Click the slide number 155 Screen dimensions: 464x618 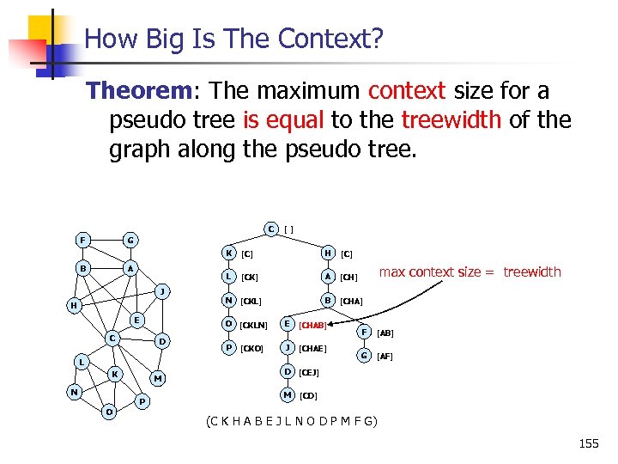pos(589,443)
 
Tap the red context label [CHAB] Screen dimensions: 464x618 pos(313,326)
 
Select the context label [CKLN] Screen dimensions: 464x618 pos(255,325)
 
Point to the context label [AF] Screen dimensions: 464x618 pos(385,357)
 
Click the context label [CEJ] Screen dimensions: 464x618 pos(309,373)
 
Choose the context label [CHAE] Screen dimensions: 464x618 pos(312,349)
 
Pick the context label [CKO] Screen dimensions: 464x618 pos(253,349)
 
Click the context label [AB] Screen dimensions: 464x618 pos(385,333)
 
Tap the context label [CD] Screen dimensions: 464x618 pos(308,396)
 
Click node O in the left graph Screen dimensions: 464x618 pos(109,412)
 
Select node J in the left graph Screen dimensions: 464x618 pos(161,290)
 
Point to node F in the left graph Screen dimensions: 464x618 pos(82,239)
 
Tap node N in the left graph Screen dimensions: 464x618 pos(76,392)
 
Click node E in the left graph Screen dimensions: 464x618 pos(135,320)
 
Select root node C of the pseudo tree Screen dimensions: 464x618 pos(270,229)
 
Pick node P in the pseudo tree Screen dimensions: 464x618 pos(228,348)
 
